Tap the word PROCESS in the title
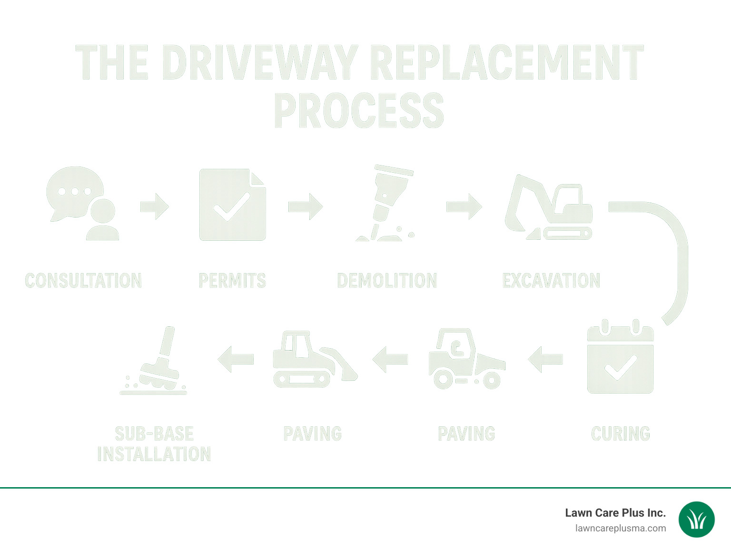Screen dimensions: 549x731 pyautogui.click(x=359, y=111)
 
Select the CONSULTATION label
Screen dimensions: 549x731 pyautogui.click(x=83, y=281)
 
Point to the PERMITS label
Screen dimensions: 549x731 pyautogui.click(x=232, y=281)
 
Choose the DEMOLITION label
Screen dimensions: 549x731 pyautogui.click(x=387, y=281)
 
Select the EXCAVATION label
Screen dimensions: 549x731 pyautogui.click(x=551, y=281)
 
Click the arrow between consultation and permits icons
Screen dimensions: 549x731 pyautogui.click(x=155, y=206)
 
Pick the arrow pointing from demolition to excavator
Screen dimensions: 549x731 pyautogui.click(x=464, y=206)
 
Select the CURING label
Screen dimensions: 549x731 pyautogui.click(x=620, y=434)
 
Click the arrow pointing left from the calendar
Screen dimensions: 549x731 pyautogui.click(x=545, y=359)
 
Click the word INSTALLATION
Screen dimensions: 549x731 pyautogui.click(x=154, y=454)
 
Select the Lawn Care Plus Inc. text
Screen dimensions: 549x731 pyautogui.click(x=615, y=513)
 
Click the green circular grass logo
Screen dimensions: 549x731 pyautogui.click(x=696, y=520)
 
